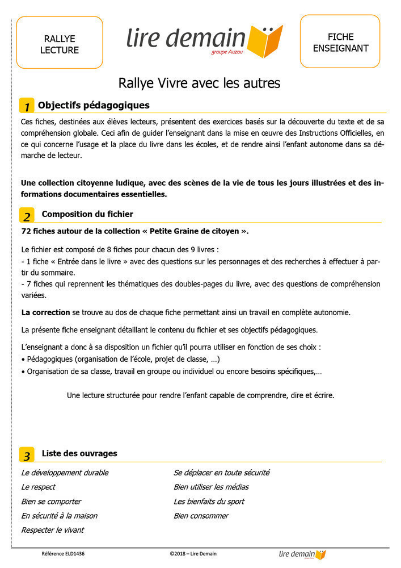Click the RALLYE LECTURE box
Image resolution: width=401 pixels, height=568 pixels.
pyautogui.click(x=60, y=43)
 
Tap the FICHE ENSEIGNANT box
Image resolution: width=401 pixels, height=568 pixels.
pyautogui.click(x=340, y=41)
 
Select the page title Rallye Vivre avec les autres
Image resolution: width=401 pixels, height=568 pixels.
pyautogui.click(x=199, y=83)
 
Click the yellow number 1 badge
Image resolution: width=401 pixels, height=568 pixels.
pyautogui.click(x=27, y=106)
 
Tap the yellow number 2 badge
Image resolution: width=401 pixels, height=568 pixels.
pyautogui.click(x=27, y=216)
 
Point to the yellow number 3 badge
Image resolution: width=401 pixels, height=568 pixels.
pyautogui.click(x=27, y=455)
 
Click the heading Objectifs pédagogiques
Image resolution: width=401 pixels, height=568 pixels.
pyautogui.click(x=94, y=105)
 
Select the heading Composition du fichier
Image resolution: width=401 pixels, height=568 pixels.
pyautogui.click(x=87, y=214)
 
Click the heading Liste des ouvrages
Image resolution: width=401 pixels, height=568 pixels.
pyautogui.click(x=79, y=453)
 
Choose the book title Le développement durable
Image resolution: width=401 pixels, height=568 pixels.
pyautogui.click(x=65, y=473)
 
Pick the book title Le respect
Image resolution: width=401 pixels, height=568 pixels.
pyautogui.click(x=38, y=487)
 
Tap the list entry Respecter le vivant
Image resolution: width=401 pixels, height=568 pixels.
pyautogui.click(x=52, y=530)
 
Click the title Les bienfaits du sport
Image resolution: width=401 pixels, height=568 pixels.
pyautogui.click(x=209, y=502)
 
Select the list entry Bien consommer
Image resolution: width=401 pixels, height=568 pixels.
pyautogui.click(x=201, y=516)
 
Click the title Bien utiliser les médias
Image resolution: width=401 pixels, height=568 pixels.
pyautogui.click(x=211, y=487)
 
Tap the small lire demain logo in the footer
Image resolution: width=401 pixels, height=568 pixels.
pyautogui.click(x=302, y=554)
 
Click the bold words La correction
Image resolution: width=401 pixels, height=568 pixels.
pyautogui.click(x=46, y=312)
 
